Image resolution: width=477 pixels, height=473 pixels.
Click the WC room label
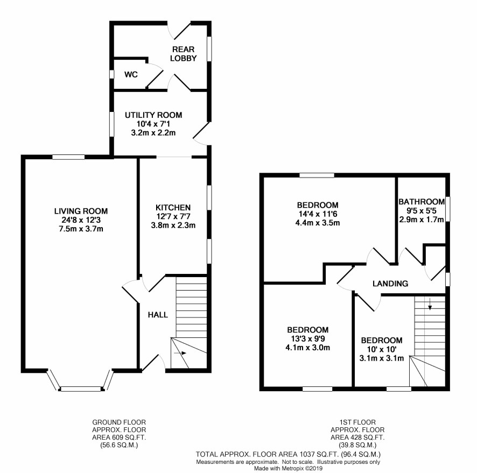click(131, 74)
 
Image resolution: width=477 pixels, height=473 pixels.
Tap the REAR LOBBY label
click(184, 54)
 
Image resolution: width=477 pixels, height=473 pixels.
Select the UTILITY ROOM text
click(153, 115)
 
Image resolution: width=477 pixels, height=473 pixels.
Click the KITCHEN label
click(173, 208)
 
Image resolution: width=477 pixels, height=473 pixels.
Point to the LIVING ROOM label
click(81, 211)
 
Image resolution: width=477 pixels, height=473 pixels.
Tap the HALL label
click(158, 315)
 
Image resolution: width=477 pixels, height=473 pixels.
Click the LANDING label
click(390, 284)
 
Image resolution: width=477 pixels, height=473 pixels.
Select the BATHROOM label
click(422, 202)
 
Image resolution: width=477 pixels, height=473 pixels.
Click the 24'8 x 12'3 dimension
click(81, 220)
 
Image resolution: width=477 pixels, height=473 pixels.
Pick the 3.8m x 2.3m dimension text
click(173, 225)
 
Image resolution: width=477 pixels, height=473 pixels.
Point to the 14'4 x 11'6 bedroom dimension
click(318, 214)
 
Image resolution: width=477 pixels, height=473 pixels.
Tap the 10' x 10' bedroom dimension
click(382, 349)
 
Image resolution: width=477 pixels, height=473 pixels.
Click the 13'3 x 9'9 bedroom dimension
click(308, 338)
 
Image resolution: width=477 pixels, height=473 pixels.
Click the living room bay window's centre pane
click(81, 389)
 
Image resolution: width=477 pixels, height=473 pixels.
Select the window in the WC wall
click(111, 74)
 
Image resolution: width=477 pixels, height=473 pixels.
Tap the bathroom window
click(448, 209)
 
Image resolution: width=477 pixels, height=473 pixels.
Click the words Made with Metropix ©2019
click(288, 469)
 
